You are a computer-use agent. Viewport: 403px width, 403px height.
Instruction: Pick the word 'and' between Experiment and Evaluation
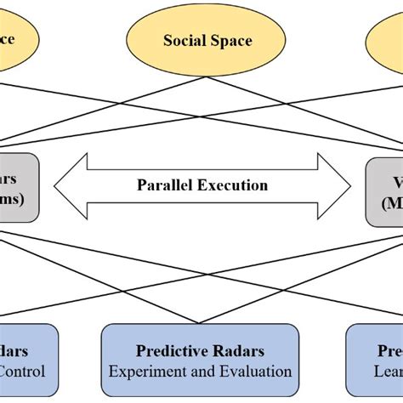coord(205,372)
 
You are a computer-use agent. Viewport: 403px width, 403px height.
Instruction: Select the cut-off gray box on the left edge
coord(17,188)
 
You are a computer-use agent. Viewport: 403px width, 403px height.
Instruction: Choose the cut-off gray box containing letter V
coord(384,189)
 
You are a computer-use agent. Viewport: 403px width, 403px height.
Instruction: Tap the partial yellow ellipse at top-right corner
coord(388,39)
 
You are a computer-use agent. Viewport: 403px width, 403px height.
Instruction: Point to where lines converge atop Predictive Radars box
coord(201,323)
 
